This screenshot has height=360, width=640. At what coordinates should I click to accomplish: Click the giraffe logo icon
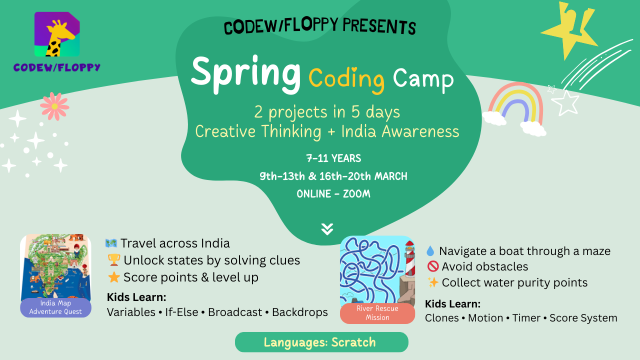(57, 34)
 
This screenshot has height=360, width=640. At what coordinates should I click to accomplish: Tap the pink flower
(54, 106)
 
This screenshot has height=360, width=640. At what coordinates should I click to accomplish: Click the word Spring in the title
(245, 75)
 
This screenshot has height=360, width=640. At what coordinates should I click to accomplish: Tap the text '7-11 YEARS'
(333, 158)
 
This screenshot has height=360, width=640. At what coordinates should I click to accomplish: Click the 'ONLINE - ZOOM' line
(333, 194)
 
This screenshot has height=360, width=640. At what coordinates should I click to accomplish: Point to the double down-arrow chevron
(327, 229)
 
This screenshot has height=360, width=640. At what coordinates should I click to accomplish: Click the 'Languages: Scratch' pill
(321, 342)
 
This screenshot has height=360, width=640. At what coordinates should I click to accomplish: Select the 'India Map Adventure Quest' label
(55, 307)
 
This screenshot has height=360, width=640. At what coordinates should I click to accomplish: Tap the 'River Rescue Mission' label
(377, 313)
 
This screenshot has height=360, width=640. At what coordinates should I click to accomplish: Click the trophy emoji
(113, 260)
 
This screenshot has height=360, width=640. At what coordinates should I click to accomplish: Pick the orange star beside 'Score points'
(113, 277)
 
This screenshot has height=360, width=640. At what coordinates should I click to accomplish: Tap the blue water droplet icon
(430, 251)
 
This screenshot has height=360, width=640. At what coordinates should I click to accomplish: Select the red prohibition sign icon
(433, 266)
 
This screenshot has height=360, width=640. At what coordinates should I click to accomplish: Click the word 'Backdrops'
(299, 312)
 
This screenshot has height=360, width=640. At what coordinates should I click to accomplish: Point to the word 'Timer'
(526, 318)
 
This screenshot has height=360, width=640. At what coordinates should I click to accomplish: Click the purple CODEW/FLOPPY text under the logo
(57, 67)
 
